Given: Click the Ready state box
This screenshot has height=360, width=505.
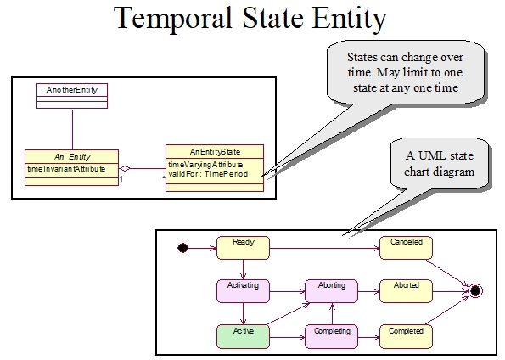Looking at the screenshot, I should pos(243,247).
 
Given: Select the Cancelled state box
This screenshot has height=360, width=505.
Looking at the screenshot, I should pos(405,247).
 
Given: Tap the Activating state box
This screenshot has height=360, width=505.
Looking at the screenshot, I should pos(243,290).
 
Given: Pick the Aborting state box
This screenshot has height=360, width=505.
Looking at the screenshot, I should pos(331,290).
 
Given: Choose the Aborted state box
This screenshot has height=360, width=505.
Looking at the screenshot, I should pos(405,290).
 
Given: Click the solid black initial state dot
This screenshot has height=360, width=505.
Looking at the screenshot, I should pos(182,248).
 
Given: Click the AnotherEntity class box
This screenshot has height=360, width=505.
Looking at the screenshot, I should pos(72,94).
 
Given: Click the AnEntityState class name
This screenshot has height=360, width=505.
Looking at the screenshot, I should pos(215,151).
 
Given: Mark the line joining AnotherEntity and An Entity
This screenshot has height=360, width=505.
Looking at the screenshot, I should pos(72,127).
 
